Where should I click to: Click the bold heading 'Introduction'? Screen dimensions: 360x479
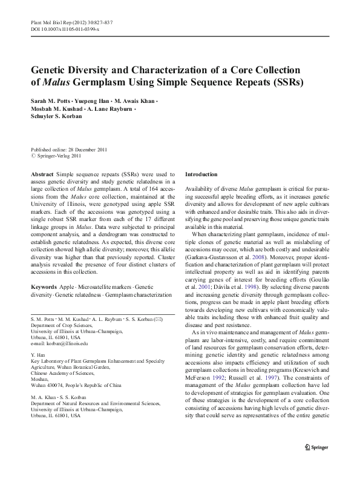point(205,173)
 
